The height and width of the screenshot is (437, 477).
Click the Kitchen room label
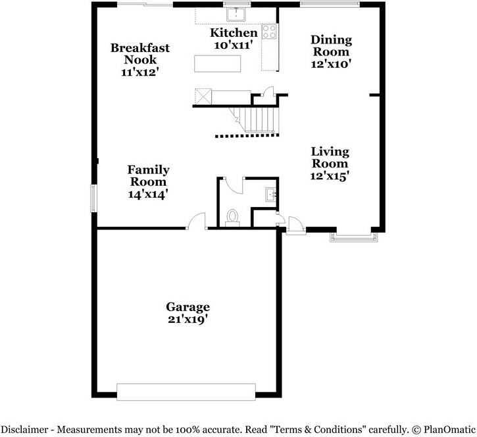point(234,32)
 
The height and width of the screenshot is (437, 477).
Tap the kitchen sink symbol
point(236,15)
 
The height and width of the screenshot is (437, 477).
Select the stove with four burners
point(270,32)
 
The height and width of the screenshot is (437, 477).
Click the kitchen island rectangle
point(218,63)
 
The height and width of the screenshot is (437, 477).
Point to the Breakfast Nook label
point(140,53)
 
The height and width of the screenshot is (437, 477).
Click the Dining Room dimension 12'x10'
point(331,65)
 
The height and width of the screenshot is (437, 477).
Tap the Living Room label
point(330,158)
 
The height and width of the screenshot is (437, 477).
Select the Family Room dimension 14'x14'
point(148,194)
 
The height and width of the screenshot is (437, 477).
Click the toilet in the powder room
point(233,218)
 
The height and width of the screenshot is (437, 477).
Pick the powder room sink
point(271,194)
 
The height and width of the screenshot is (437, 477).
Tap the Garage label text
point(188,307)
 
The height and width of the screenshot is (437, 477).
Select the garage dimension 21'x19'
point(188,320)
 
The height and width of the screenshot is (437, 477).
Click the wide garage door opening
point(186,392)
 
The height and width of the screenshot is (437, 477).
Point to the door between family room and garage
point(196,221)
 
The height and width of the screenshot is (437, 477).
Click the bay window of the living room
point(354,237)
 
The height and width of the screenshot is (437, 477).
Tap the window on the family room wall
point(93,198)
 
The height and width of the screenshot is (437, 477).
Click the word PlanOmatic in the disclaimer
point(449,430)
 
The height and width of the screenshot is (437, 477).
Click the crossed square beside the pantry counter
point(203,97)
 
